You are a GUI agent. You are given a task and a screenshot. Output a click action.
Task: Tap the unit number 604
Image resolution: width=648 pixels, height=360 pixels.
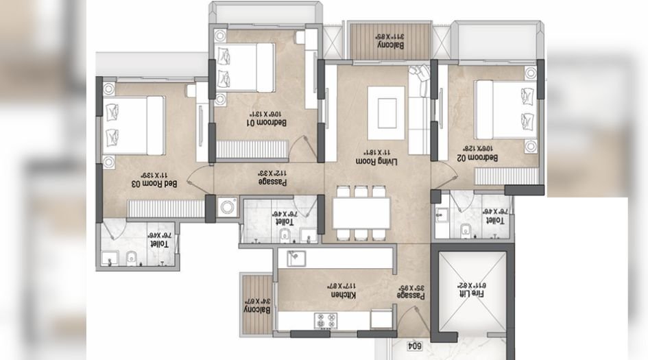coord(413,347)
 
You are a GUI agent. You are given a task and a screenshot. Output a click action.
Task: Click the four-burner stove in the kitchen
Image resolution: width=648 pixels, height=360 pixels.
coord(324,320)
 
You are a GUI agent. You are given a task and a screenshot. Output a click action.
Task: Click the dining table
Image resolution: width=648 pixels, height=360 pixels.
coord(361,213)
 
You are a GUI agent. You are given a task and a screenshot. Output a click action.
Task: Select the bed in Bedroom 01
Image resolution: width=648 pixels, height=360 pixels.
coord(246,66)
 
